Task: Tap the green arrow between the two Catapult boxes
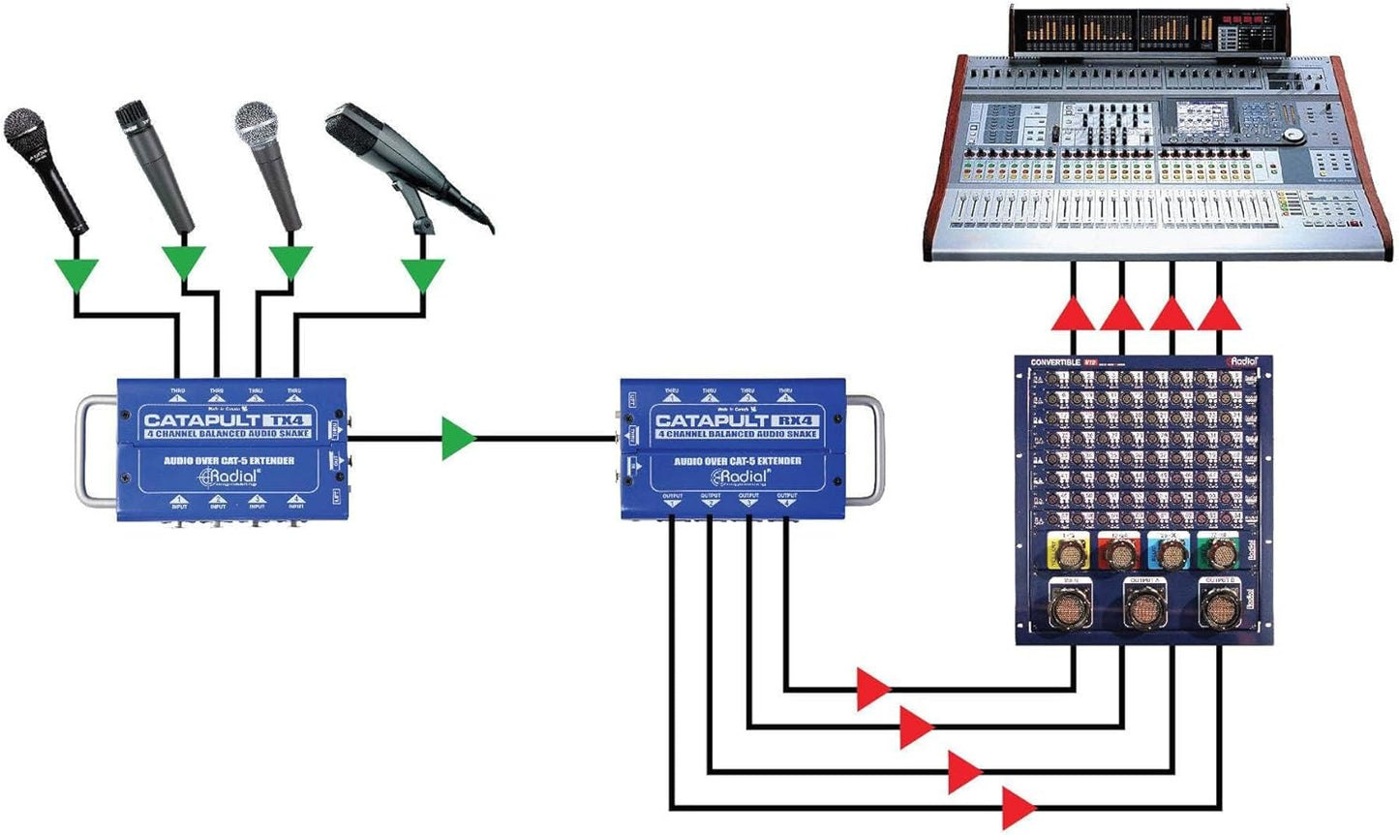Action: pyautogui.click(x=458, y=438)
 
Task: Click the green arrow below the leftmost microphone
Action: pyautogui.click(x=76, y=275)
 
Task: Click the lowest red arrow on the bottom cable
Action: pyautogui.click(x=1018, y=807)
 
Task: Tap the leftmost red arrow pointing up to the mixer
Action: pyautogui.click(x=1073, y=314)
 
